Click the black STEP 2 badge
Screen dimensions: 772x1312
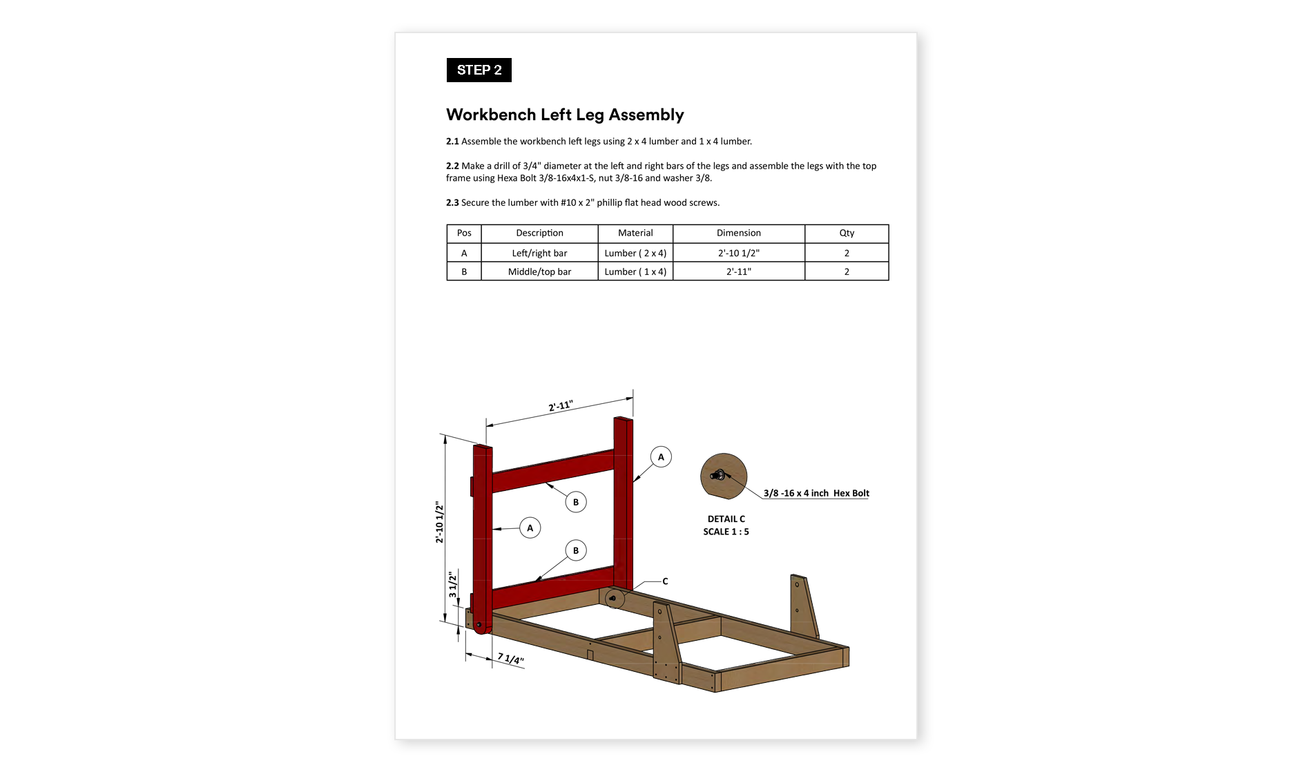[x=479, y=70]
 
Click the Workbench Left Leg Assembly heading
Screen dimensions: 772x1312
[x=564, y=115]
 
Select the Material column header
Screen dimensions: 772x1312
[x=635, y=233]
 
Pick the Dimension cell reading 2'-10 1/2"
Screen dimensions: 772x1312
[x=738, y=253]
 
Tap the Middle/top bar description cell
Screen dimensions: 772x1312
[x=539, y=271]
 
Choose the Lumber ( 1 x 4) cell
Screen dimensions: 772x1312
[x=635, y=271]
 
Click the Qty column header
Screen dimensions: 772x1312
[x=847, y=233]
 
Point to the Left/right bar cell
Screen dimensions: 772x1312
[x=539, y=253]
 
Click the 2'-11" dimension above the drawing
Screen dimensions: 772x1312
[x=560, y=406]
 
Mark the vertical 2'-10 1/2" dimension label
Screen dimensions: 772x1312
[x=440, y=522]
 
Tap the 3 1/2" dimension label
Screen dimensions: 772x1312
[x=453, y=584]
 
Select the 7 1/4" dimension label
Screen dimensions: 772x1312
[x=511, y=659]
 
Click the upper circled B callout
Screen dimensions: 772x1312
[x=576, y=502]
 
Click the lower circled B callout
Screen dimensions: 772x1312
[x=576, y=550]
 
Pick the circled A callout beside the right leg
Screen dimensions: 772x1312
[x=661, y=457]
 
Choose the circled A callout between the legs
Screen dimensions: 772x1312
[x=530, y=528]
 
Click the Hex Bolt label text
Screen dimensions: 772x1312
[x=816, y=493]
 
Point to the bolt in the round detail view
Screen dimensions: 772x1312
[x=718, y=475]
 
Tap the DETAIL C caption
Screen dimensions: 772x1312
[x=726, y=519]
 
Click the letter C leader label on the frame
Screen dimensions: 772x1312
[x=665, y=581]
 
